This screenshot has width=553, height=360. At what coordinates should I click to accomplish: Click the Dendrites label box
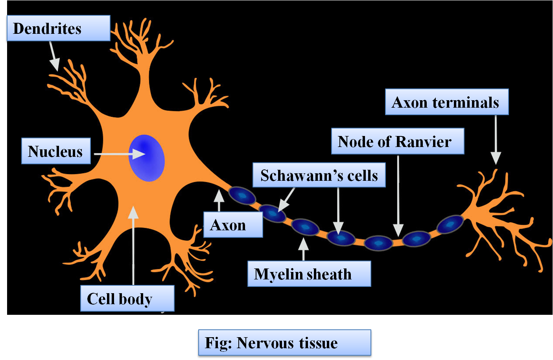click(x=58, y=28)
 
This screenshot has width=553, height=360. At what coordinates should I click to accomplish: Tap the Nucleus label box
click(x=56, y=151)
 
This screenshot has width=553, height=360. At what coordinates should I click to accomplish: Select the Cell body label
click(x=127, y=299)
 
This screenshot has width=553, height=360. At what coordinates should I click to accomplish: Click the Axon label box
click(x=233, y=225)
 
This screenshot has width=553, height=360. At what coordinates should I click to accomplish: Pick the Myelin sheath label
click(x=309, y=274)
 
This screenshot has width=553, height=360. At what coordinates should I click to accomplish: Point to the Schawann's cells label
click(x=319, y=175)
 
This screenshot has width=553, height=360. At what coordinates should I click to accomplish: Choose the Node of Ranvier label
click(x=397, y=141)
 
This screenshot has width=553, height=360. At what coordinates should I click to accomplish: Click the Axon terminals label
click(x=446, y=102)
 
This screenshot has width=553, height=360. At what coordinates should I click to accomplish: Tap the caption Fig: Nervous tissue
click(x=284, y=343)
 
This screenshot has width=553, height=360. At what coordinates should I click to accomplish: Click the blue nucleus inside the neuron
click(x=147, y=158)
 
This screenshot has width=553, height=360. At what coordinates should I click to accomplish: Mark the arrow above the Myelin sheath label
click(x=303, y=249)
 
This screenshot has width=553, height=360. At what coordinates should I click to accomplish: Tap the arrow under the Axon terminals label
click(x=496, y=140)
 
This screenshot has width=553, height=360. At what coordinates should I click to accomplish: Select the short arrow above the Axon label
click(x=219, y=201)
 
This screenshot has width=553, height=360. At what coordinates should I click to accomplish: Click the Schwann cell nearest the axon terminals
click(x=450, y=224)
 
